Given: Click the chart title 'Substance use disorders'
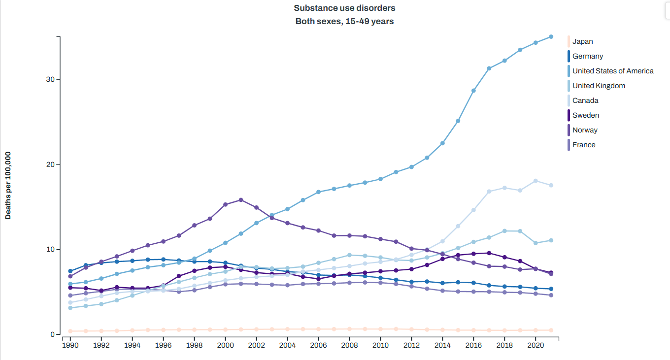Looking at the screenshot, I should tap(344, 8).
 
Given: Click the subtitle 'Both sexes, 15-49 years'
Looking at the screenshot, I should tap(344, 21).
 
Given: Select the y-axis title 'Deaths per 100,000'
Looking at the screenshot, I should tap(8, 185).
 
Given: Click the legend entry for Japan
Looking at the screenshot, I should tap(582, 41).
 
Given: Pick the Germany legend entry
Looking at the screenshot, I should tap(587, 56).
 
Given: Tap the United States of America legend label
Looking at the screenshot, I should tap(612, 71).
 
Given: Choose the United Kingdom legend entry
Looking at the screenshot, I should tap(598, 86).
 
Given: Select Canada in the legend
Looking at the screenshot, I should tap(585, 100).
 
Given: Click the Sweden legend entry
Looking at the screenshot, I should tap(585, 115).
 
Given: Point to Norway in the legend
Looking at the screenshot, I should tap(584, 130).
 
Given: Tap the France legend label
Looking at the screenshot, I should tap(583, 145).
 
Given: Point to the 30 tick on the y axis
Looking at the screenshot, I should tap(50, 79).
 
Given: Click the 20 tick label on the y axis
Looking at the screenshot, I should tap(50, 164).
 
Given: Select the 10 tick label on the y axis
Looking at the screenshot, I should tap(50, 249).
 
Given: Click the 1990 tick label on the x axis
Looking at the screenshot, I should tap(70, 346).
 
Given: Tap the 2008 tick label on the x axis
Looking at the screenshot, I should tap(349, 346).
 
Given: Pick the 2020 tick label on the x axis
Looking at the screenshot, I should tap(536, 346).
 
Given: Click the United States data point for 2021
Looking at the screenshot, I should tap(551, 37).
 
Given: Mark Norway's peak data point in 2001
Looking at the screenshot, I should tap(241, 200).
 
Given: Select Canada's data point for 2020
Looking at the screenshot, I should tap(536, 181).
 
